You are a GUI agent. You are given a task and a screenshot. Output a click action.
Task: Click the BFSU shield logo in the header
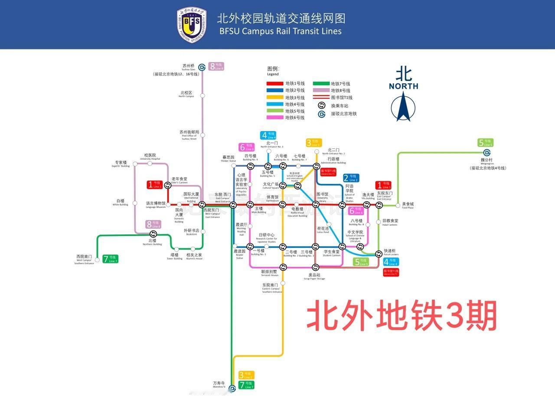192,25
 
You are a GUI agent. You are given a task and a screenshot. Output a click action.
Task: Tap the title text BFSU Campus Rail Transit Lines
280,31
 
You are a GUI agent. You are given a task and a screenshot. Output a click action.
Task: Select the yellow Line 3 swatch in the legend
275,97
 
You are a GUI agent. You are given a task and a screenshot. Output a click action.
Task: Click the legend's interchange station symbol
321,105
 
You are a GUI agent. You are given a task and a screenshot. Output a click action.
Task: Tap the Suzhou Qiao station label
189,67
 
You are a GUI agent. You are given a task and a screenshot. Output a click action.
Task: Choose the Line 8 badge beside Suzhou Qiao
216,66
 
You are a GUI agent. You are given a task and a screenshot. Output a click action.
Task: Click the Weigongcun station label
486,161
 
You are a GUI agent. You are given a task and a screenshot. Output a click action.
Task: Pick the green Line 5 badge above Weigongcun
486,142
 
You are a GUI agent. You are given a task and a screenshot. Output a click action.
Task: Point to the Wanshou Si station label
219,385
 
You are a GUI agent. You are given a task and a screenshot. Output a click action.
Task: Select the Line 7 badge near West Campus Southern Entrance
111,259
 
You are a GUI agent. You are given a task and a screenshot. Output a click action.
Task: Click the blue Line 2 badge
351,178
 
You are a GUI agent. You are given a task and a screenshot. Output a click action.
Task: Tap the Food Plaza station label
408,205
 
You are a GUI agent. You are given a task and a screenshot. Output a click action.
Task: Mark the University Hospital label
150,156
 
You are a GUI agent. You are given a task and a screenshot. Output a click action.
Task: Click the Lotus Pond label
323,230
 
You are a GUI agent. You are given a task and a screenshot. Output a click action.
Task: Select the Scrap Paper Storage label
314,276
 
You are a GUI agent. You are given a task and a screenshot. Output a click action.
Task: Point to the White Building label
120,202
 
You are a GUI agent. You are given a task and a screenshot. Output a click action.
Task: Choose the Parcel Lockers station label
391,252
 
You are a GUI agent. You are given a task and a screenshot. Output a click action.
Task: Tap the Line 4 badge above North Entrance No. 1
268,135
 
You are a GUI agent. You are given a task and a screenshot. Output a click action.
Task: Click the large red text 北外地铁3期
402,316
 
